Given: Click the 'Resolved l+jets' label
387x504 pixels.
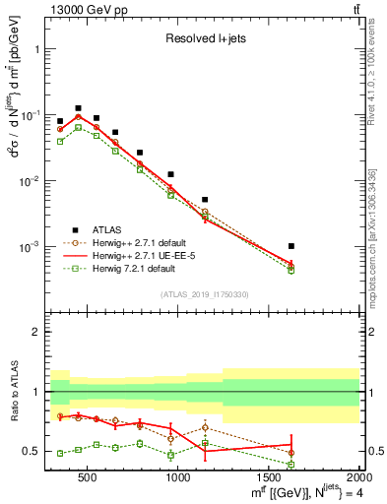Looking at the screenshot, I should coord(205,40).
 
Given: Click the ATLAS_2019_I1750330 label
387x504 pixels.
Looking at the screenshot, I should coord(204,293).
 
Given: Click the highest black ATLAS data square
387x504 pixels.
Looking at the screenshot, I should coord(78,108).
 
